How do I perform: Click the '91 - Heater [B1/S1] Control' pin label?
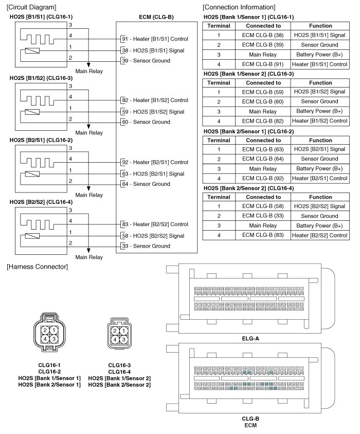pos(154,39)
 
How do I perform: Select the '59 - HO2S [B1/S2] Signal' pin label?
pos(152,112)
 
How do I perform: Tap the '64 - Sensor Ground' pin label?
pos(146,184)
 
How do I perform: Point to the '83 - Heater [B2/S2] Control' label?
pos(154,224)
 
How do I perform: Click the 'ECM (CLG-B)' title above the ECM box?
pos(156,17)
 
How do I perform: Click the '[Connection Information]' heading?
pos(239,7)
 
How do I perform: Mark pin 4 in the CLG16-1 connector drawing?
pos(45,338)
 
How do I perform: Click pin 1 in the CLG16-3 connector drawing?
pos(123,331)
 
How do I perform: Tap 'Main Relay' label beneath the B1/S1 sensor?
pos(89,71)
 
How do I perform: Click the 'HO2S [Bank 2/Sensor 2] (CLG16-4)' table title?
pos(249,188)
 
